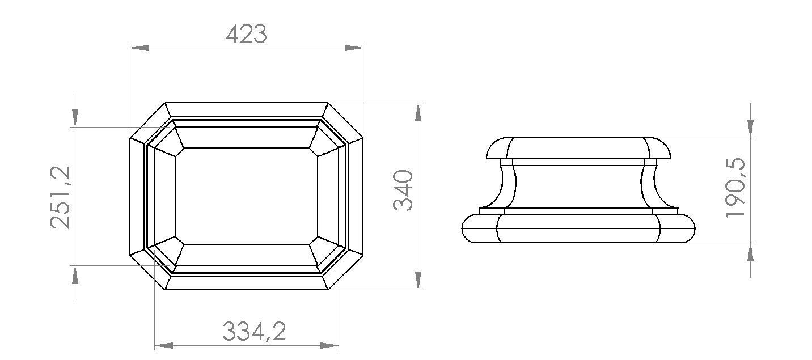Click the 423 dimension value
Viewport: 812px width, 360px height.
coord(246,35)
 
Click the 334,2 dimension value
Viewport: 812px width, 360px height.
coord(253,332)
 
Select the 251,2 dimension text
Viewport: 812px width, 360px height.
coord(60,197)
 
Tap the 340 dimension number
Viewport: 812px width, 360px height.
coord(403,189)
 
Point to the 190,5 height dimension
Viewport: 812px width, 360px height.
coord(735,188)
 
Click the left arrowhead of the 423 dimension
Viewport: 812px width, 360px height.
coord(139,48)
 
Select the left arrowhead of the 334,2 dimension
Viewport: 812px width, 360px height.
coord(163,345)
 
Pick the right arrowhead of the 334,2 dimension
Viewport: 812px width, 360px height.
coord(330,345)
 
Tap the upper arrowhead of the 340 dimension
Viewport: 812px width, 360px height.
coord(418,112)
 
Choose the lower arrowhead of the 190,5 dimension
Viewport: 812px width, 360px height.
coord(751,252)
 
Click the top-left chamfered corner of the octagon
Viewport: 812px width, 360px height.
coord(147,121)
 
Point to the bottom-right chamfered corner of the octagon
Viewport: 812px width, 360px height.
coord(346,271)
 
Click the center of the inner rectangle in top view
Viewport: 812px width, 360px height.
coord(246,196)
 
